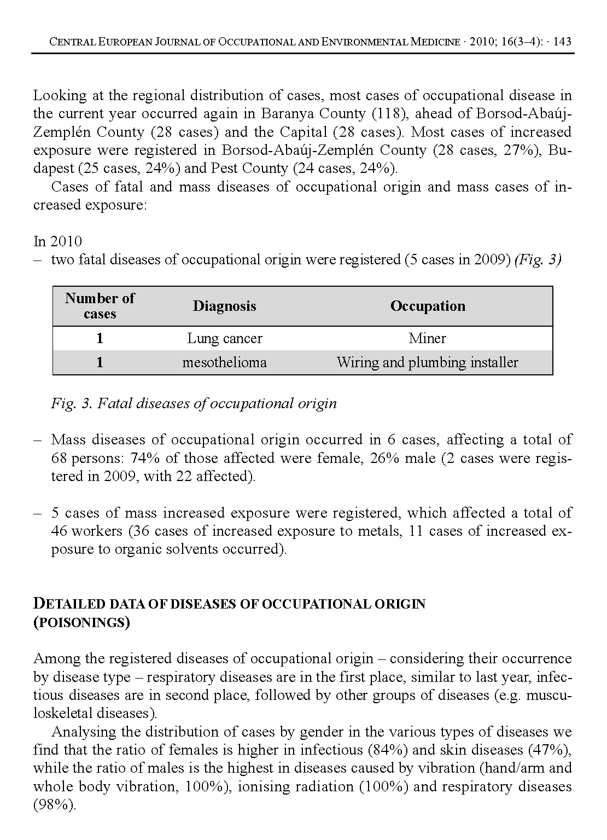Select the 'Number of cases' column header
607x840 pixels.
(100, 306)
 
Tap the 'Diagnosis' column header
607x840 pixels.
(224, 306)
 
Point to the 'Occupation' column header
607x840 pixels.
(428, 306)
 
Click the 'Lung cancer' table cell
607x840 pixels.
(224, 338)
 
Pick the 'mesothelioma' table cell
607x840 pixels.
(224, 362)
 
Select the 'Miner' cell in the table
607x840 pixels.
(427, 338)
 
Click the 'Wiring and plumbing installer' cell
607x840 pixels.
(427, 362)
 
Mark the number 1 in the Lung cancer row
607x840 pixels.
(100, 338)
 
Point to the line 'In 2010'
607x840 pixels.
(57, 241)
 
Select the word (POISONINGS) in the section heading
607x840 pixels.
(81, 623)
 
